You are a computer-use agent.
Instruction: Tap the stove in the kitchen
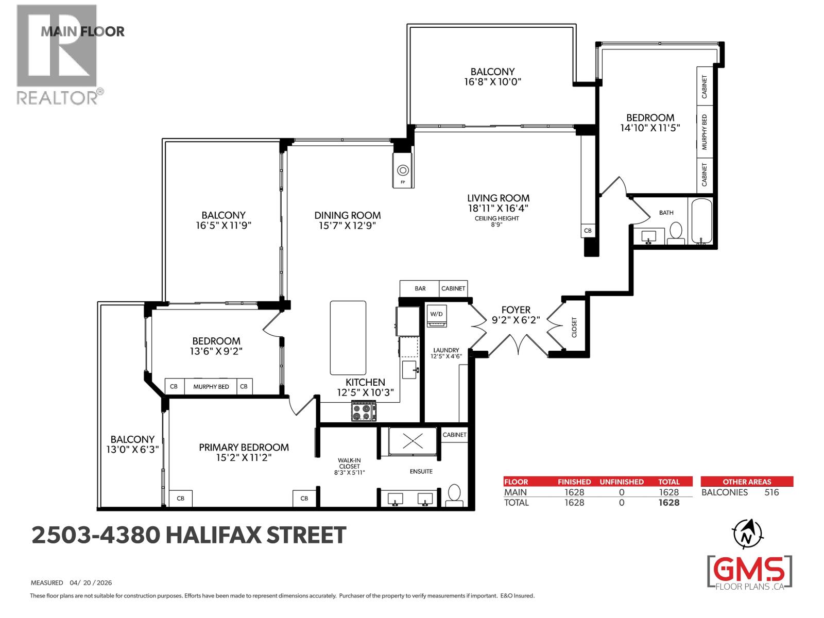pyautogui.click(x=364, y=411)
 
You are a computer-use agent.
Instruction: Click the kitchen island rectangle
pyautogui.click(x=348, y=338)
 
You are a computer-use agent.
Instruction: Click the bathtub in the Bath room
pyautogui.click(x=700, y=222)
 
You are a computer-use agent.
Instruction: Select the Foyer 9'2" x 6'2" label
pyautogui.click(x=516, y=315)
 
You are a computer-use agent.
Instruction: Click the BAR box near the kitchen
pyautogui.click(x=420, y=288)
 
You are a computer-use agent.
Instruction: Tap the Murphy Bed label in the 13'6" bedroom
pyautogui.click(x=211, y=386)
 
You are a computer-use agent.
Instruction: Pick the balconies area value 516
pyautogui.click(x=771, y=492)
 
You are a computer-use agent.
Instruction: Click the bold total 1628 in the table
pyautogui.click(x=668, y=503)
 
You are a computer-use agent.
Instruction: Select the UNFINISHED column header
pyautogui.click(x=621, y=482)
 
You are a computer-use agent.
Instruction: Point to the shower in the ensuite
pyautogui.click(x=413, y=441)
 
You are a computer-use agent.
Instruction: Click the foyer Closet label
pyautogui.click(x=574, y=328)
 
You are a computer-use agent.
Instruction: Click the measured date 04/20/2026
pyautogui.click(x=91, y=583)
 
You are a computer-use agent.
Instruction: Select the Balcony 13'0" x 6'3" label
pyautogui.click(x=132, y=444)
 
